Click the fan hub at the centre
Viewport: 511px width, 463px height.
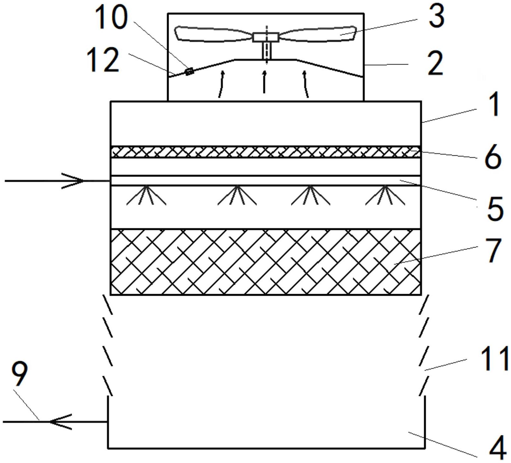click(x=266, y=37)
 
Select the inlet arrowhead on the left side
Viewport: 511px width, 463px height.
click(x=76, y=181)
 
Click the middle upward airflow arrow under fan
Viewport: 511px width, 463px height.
click(x=264, y=82)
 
